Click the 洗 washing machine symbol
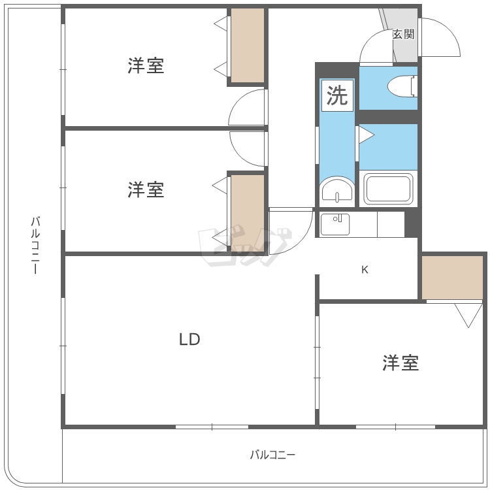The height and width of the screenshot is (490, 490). point(337,95)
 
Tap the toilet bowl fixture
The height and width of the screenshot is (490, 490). point(402,86)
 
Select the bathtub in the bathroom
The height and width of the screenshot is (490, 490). point(388,188)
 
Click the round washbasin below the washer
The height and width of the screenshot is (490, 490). point(337,189)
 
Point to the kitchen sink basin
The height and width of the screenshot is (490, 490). point(335,223)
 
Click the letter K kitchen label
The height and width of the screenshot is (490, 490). point(365,269)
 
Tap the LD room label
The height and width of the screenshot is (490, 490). point(189,339)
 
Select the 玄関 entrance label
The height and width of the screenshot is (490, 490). point(404,34)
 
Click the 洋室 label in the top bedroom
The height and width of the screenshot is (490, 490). point(146,65)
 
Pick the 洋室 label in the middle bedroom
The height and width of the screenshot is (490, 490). point(146,189)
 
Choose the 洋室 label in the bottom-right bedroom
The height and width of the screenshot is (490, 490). point(400,363)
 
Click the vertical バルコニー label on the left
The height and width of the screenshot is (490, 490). point(35,245)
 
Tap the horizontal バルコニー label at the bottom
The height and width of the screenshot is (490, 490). point(272,454)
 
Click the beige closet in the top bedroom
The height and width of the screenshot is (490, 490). point(248,46)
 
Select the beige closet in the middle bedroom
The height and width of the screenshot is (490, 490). point(248,213)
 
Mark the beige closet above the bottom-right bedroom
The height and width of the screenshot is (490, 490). point(452,278)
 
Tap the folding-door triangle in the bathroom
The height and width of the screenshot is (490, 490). point(367,135)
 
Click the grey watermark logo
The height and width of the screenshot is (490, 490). point(245,245)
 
